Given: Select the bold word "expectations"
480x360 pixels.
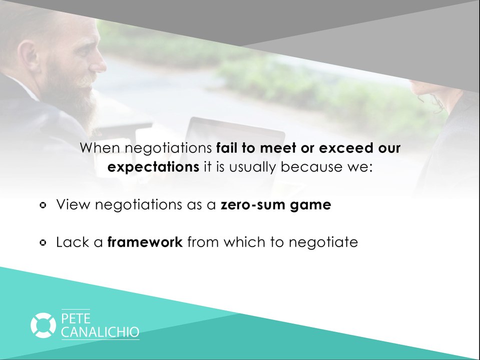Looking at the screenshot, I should click(x=154, y=167).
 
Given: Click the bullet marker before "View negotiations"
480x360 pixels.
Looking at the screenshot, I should click(x=44, y=205).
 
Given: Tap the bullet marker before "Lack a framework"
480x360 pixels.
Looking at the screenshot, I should click(x=44, y=242).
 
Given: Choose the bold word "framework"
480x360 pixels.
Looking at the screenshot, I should click(x=145, y=242).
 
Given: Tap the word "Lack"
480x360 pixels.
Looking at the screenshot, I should click(x=71, y=242).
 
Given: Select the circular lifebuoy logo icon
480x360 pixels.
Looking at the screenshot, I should click(x=43, y=324).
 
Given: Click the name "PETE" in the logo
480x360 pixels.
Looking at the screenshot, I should click(x=76, y=318).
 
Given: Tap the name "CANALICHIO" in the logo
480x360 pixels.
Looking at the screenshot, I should click(x=100, y=332).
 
